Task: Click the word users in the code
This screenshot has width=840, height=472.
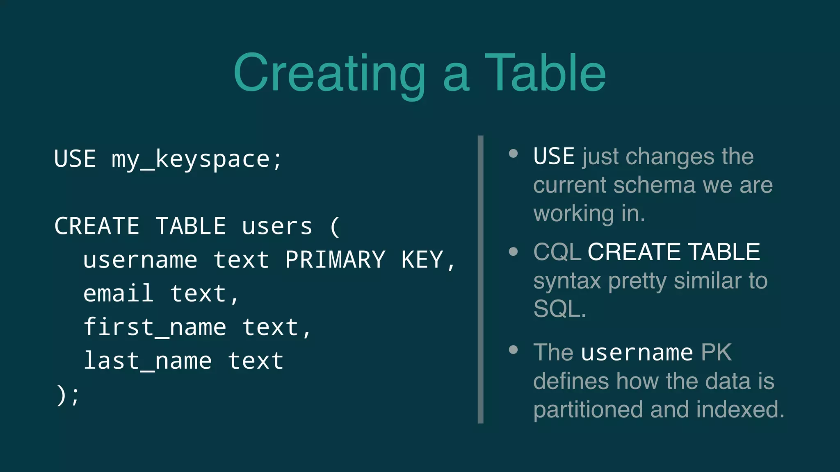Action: click(277, 227)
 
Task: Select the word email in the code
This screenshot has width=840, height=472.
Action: click(119, 293)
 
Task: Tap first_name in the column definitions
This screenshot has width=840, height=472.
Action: click(155, 327)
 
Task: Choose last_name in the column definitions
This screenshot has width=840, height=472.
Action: click(148, 361)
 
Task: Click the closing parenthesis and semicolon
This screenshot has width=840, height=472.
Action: click(68, 395)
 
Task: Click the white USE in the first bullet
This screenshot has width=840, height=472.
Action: click(554, 157)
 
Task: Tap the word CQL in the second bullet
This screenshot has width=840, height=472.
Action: click(557, 252)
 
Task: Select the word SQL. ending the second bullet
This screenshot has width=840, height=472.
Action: click(559, 309)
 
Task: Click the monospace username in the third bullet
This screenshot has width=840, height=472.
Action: click(637, 352)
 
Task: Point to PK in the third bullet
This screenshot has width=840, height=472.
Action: click(716, 352)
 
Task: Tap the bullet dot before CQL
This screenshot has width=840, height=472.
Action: click(513, 251)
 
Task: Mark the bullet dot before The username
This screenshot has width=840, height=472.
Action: click(513, 349)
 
